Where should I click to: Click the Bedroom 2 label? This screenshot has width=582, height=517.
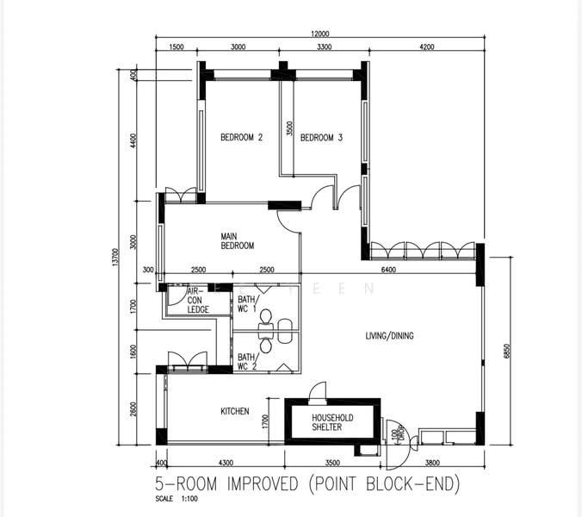[241, 137]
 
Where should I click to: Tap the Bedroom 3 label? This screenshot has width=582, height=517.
[321, 138]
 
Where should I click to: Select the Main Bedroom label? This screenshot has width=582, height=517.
[237, 241]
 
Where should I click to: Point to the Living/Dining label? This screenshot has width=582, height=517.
[389, 336]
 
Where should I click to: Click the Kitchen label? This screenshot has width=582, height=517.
[234, 411]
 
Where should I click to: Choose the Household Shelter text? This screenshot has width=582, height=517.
[332, 422]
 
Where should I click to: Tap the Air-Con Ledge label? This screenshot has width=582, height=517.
[198, 301]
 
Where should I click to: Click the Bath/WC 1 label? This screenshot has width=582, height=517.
[248, 304]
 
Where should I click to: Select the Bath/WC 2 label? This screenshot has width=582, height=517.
[248, 362]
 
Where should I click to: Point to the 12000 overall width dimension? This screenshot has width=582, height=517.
[320, 34]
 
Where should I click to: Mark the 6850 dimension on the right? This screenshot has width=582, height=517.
[508, 351]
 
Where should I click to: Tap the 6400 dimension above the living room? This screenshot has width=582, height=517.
[388, 270]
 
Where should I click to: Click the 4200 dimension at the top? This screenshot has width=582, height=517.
[426, 47]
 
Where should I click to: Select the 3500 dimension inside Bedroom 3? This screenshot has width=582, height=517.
[290, 128]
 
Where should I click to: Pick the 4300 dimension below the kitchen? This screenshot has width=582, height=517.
[226, 463]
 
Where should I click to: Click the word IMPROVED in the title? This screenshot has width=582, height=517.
[263, 484]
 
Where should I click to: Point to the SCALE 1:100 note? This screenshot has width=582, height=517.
[176, 499]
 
